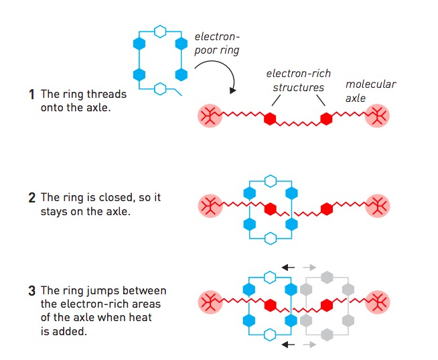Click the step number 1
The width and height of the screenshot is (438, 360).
click(x=31, y=95)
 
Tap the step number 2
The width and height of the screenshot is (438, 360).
click(x=31, y=198)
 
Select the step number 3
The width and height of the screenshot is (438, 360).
click(x=31, y=291)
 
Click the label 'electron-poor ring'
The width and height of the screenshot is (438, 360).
click(x=217, y=44)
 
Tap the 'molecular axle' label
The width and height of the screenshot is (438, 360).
click(x=370, y=92)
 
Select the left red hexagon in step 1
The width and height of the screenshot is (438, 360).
click(x=269, y=119)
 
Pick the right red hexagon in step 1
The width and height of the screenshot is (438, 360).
click(x=327, y=119)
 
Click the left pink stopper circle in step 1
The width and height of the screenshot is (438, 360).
click(x=209, y=116)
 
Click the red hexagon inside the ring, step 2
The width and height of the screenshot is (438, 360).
click(x=270, y=208)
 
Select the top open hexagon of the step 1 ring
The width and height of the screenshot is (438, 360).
click(x=160, y=31)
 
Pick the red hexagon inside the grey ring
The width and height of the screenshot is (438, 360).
click(x=327, y=305)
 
